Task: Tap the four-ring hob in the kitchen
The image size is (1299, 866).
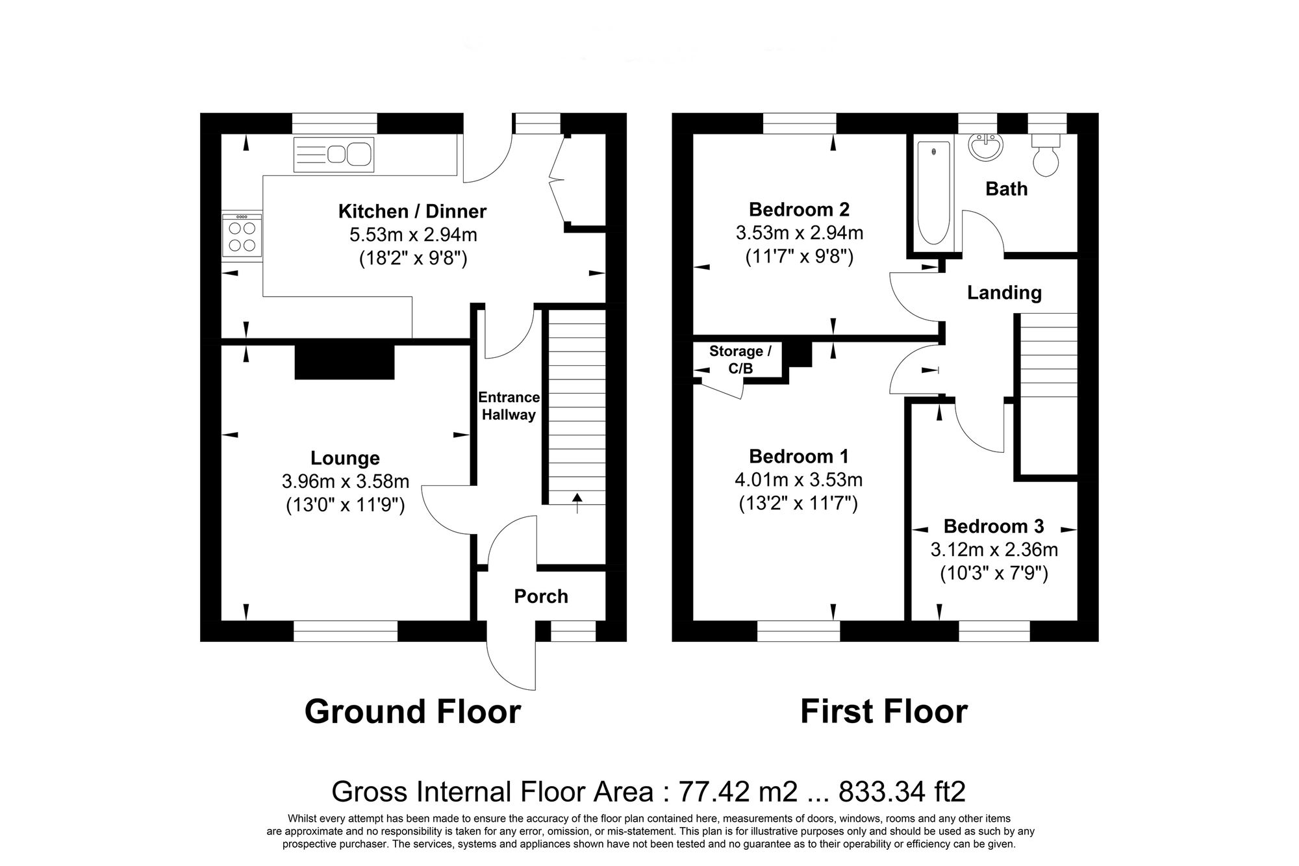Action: [x=242, y=236]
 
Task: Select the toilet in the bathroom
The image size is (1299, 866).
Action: [x=1046, y=157]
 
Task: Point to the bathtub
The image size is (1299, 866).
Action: [x=934, y=193]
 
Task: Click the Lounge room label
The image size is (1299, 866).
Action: [x=345, y=458]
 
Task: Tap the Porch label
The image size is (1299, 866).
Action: [x=541, y=596]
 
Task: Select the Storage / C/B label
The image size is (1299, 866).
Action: [x=740, y=360]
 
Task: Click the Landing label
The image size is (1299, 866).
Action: [x=1004, y=293]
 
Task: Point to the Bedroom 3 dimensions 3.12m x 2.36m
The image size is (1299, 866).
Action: [x=994, y=550]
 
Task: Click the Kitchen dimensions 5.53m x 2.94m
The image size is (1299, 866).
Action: [x=412, y=235]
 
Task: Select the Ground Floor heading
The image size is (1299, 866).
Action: [x=412, y=711]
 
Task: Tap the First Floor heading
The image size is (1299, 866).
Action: [x=883, y=711]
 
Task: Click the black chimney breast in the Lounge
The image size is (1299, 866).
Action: [x=345, y=363]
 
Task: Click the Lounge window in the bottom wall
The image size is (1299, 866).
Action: [x=345, y=631]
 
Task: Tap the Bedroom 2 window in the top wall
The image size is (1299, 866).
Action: [x=799, y=123]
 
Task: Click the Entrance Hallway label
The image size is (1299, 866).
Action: [x=509, y=406]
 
